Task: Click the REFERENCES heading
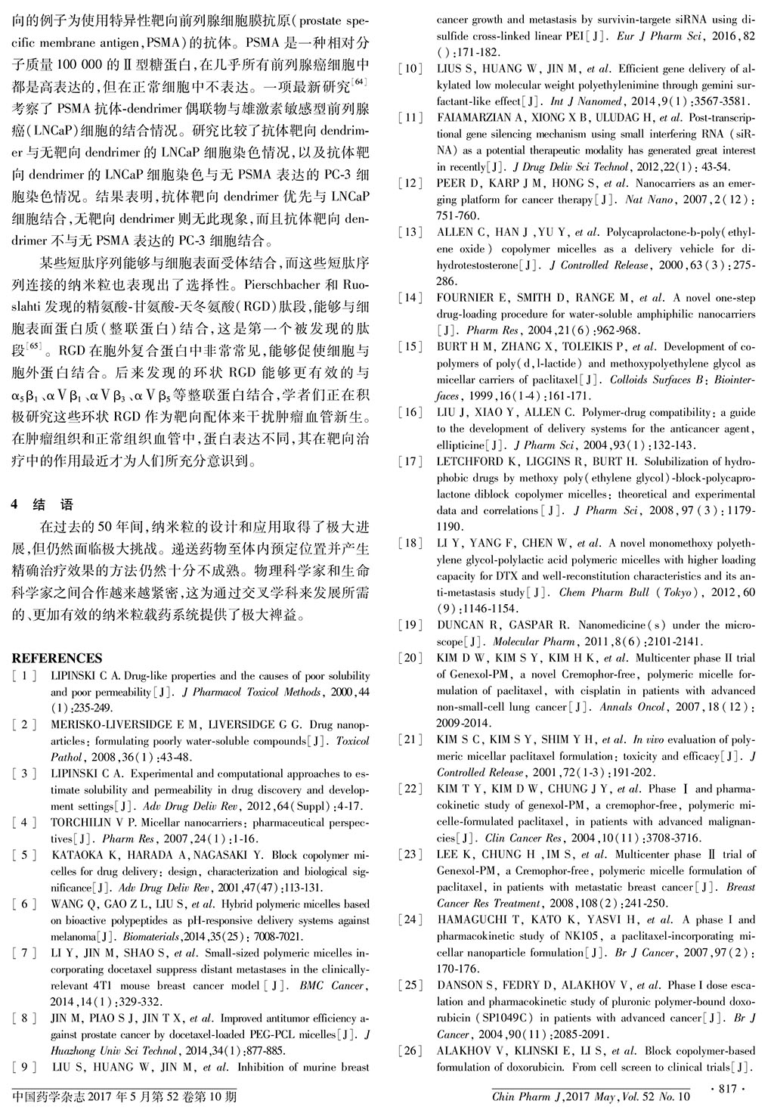tap(57, 658)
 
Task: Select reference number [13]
tap(410, 232)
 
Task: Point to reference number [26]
tap(410, 1051)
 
